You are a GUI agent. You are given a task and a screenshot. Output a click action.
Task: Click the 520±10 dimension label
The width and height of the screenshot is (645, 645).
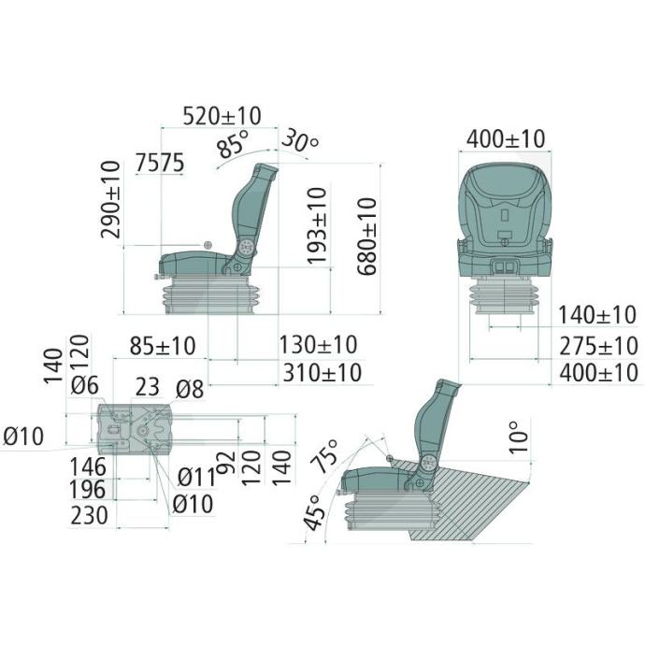(x=222, y=116)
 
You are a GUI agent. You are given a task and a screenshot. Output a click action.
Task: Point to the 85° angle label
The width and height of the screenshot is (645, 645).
(x=234, y=144)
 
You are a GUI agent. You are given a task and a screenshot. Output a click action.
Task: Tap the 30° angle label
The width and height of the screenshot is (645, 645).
(x=300, y=141)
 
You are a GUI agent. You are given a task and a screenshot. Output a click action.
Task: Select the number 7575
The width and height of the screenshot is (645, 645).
(x=160, y=163)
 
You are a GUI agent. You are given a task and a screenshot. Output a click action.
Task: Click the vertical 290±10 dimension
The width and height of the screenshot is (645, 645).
(x=111, y=199)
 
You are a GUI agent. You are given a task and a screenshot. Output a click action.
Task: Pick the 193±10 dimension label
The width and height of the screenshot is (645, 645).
(x=317, y=225)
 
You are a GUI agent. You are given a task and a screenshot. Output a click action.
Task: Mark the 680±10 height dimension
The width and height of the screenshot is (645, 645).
(x=367, y=236)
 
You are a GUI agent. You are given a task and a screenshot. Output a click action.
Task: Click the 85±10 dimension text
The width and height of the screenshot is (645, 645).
(x=163, y=346)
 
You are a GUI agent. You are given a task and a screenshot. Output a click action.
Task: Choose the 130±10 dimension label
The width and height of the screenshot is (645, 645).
(x=319, y=345)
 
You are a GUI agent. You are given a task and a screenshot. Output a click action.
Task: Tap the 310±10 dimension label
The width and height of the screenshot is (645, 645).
(x=322, y=373)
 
